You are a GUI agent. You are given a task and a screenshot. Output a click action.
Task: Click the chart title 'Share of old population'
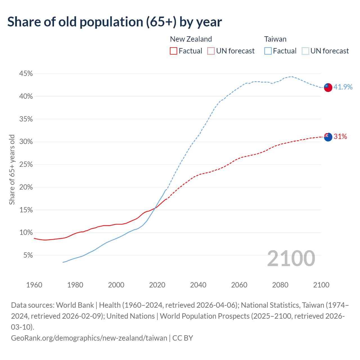pos(114,22)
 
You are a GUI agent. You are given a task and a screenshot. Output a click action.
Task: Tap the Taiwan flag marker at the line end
pos(328,87)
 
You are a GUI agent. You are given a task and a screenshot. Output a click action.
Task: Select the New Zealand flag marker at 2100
pos(328,137)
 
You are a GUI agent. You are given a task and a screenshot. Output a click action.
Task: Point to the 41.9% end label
pos(343,87)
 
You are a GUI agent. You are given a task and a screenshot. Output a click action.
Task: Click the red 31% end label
pos(340,137)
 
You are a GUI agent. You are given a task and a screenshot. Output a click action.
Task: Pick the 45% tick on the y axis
pos(26,74)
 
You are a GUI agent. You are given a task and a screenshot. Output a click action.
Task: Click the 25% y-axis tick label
pos(26,165)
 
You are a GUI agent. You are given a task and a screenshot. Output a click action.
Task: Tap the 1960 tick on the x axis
pos(34,285)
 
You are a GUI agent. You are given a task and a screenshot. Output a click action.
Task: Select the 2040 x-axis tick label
pos(198,285)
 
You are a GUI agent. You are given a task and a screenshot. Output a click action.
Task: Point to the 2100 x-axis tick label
pos(321,285)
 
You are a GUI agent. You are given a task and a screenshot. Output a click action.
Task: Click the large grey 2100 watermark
pos(291,258)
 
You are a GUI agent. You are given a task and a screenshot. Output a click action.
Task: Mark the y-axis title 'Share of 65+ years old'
pos(12,170)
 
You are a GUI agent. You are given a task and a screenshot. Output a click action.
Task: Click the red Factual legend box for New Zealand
pos(174,51)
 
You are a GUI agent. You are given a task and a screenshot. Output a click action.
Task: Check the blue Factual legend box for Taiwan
pos(268,51)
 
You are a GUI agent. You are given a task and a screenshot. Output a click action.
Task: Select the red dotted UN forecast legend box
pos(211,51)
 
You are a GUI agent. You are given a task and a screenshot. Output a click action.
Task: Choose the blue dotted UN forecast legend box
pos(305,51)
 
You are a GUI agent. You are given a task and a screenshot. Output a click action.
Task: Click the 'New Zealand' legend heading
pos(191,39)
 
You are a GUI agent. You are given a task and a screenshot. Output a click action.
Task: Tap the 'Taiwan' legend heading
pos(275,39)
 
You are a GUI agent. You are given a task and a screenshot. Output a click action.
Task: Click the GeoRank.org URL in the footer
pos(89,338)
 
